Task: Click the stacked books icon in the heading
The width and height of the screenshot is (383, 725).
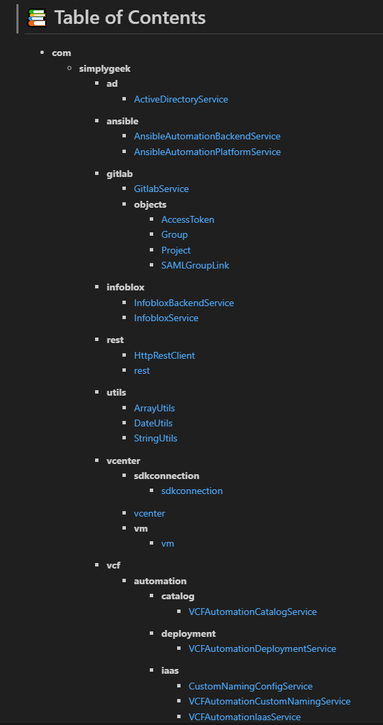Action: (x=37, y=18)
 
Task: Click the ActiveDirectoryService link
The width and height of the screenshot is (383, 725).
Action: (x=181, y=99)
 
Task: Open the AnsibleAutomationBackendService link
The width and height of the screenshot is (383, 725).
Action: (x=207, y=137)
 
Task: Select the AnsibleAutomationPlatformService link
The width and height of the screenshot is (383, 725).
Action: (x=207, y=152)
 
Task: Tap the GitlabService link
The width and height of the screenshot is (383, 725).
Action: (x=161, y=189)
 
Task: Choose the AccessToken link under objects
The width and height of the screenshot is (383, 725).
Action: (x=188, y=219)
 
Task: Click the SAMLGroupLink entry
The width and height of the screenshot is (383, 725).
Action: (x=195, y=265)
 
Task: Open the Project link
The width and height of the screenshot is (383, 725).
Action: (x=176, y=250)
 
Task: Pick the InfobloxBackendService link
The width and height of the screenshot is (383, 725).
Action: (x=184, y=303)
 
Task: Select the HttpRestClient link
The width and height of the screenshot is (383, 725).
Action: (x=165, y=355)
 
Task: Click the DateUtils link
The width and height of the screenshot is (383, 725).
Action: (x=153, y=423)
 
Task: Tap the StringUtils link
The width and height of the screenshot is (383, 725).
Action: (x=155, y=438)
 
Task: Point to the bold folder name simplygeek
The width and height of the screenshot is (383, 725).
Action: (x=105, y=69)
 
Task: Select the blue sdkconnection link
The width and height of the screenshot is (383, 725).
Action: (x=192, y=491)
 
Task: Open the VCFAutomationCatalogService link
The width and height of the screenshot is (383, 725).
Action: (x=252, y=612)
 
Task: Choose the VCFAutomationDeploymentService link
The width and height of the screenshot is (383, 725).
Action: (x=262, y=648)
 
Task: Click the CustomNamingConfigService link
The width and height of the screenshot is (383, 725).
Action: (x=251, y=686)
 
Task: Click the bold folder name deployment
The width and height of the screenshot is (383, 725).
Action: (x=189, y=633)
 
